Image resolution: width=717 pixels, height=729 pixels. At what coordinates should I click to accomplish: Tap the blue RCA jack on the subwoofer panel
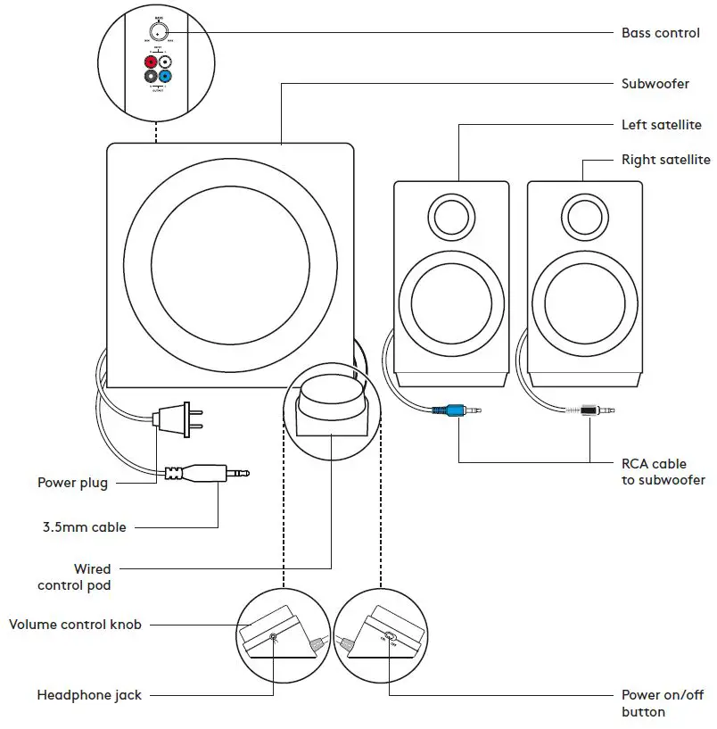click(166, 78)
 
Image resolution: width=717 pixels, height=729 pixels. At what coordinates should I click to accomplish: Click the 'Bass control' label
click(659, 33)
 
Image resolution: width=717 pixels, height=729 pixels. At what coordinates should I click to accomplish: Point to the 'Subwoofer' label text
click(655, 84)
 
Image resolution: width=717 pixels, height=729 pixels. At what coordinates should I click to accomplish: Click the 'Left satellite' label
click(661, 125)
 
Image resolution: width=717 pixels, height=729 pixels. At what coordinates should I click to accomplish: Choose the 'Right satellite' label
click(665, 160)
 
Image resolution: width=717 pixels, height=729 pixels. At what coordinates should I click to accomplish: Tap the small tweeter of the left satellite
click(451, 215)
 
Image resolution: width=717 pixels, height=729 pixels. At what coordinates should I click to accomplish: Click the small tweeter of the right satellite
click(584, 215)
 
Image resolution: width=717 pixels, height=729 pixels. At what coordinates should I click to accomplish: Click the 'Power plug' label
click(72, 483)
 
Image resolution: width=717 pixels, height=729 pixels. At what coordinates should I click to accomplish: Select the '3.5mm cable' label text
click(84, 527)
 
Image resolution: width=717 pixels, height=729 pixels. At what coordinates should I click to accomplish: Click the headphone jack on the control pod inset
click(273, 639)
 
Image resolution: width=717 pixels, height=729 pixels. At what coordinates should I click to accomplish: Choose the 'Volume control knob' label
click(75, 625)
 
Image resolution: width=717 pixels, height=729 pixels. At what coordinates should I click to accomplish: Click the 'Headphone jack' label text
click(89, 695)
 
